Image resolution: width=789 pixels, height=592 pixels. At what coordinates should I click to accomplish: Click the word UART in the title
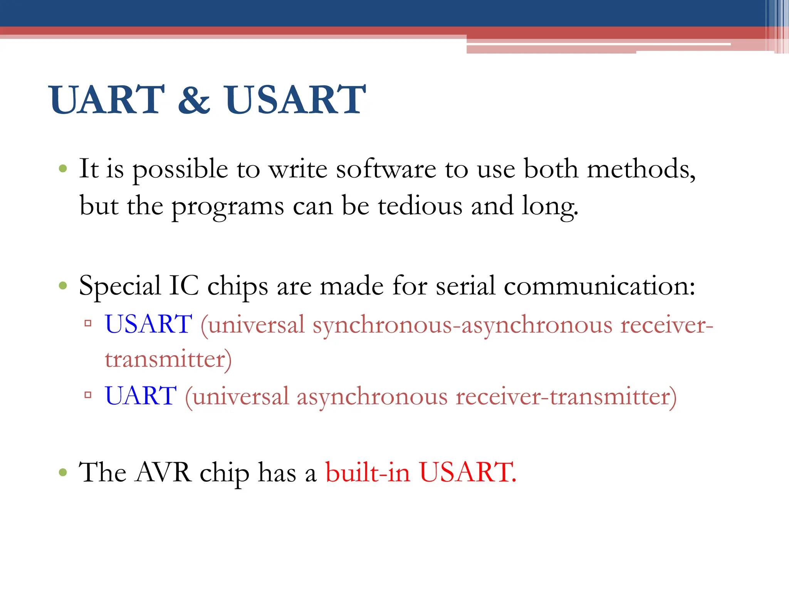[107, 100]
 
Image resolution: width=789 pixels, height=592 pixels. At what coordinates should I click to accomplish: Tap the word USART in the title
[295, 100]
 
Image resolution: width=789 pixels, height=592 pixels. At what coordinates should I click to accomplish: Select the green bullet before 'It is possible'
[63, 168]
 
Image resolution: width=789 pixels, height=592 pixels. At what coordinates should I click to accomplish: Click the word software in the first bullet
[386, 170]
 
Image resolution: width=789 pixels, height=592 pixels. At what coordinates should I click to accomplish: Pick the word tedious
[420, 206]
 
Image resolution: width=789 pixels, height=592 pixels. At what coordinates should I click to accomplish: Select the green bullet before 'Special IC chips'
[63, 286]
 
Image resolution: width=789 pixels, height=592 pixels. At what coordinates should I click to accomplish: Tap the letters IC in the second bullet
[184, 286]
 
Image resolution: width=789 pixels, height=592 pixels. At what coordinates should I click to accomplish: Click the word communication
[599, 286]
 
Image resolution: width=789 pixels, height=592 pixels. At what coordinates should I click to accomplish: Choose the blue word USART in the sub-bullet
[149, 324]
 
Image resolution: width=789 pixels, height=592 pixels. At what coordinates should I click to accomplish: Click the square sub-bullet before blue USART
[88, 323]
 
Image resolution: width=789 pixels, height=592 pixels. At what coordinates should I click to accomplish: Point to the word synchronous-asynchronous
[462, 325]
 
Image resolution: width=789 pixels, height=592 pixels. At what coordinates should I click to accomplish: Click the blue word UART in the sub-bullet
[141, 396]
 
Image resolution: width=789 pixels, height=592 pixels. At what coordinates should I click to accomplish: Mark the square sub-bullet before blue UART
[88, 395]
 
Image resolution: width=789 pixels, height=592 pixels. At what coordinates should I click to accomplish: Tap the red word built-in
[368, 472]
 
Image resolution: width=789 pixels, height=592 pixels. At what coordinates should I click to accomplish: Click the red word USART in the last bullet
[467, 472]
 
